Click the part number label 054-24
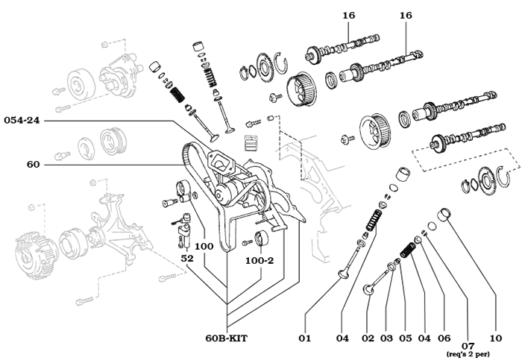click(x=22, y=120)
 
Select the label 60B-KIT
click(x=226, y=338)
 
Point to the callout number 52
click(x=188, y=258)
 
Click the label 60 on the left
click(x=33, y=164)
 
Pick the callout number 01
click(x=304, y=338)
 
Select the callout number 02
click(x=368, y=338)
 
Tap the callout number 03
click(x=386, y=338)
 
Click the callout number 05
click(x=406, y=338)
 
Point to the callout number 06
click(x=444, y=338)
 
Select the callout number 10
click(x=496, y=338)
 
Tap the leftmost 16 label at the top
click(x=349, y=15)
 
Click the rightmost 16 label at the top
click(x=406, y=15)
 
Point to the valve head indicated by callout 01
click(x=343, y=274)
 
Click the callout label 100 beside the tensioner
click(x=204, y=245)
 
